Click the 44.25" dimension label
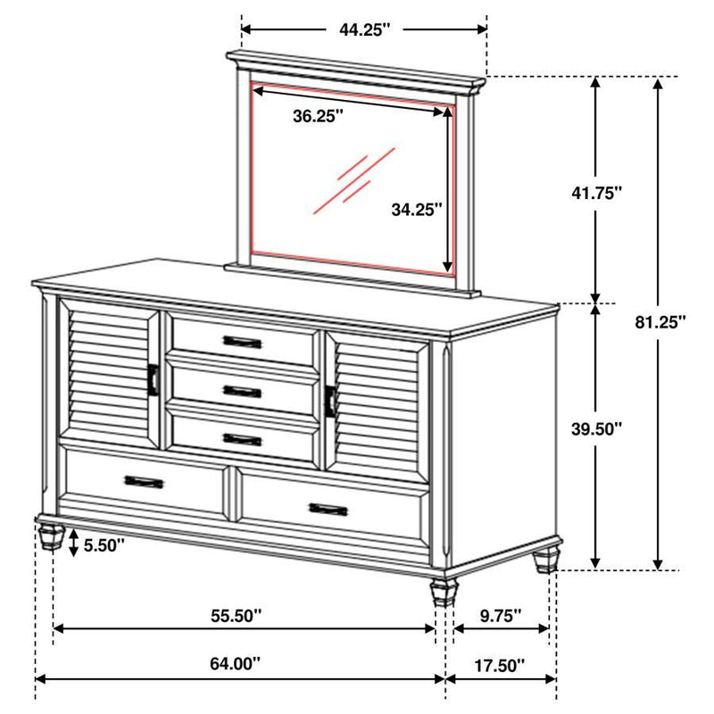[x=365, y=29]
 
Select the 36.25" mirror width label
[x=318, y=116]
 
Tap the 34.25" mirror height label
[x=416, y=210]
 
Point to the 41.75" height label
[x=596, y=192]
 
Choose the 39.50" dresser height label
[x=596, y=428]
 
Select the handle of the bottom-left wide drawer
[x=143, y=482]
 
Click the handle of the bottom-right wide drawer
[x=328, y=509]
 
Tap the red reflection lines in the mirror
[x=353, y=180]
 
